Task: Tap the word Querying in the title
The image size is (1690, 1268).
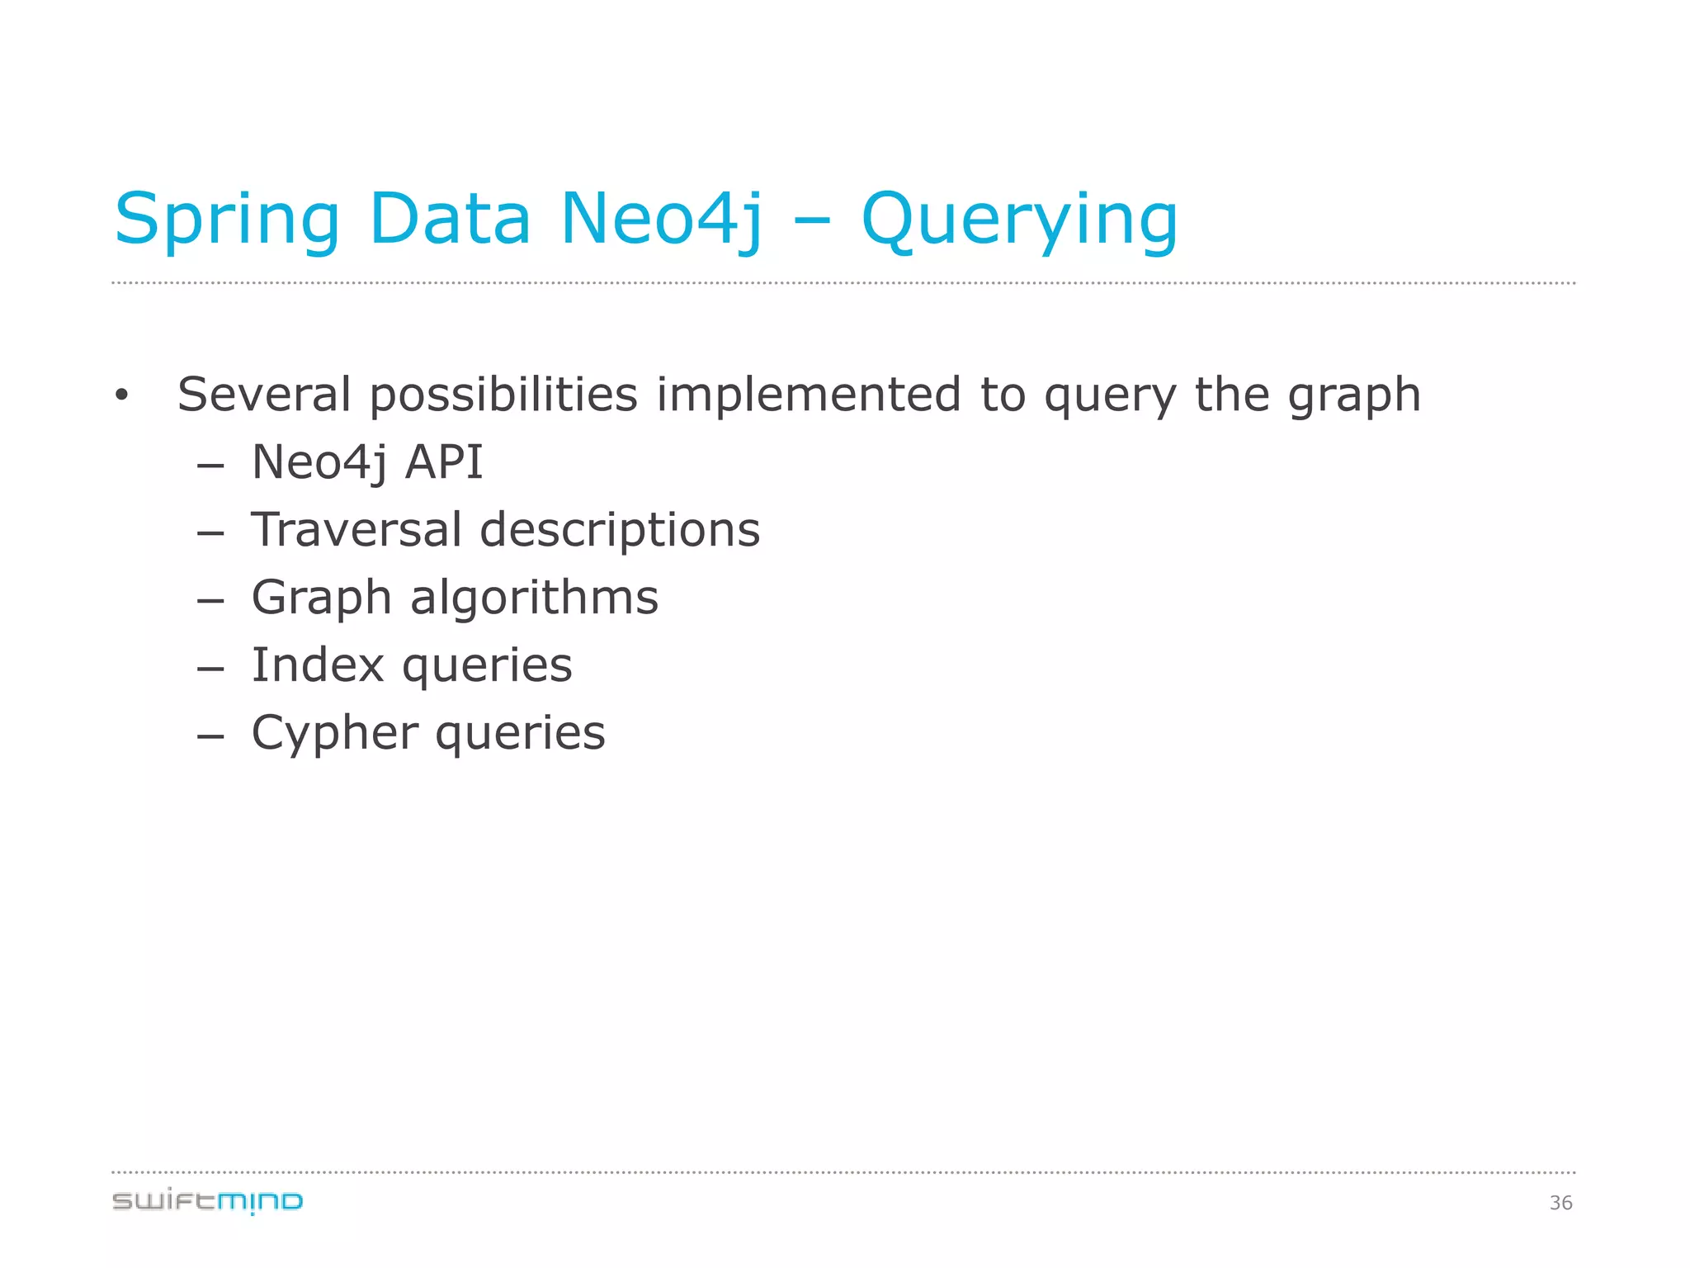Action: [1019, 221]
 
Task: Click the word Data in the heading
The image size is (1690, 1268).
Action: [450, 219]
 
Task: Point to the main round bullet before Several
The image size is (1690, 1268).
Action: [122, 395]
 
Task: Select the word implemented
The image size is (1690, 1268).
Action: [809, 395]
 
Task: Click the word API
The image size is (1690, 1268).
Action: [443, 461]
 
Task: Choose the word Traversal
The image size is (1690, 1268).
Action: [356, 529]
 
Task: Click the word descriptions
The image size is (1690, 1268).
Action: [620, 531]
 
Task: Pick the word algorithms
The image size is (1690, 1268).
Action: [534, 597]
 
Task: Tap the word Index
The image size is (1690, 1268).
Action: [318, 665]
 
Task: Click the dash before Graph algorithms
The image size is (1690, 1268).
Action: [211, 600]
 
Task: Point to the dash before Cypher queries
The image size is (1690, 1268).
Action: [211, 736]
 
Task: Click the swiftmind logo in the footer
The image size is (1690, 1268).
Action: [207, 1201]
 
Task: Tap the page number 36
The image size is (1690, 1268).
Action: [1560, 1203]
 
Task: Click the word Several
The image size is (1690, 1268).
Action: [264, 395]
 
